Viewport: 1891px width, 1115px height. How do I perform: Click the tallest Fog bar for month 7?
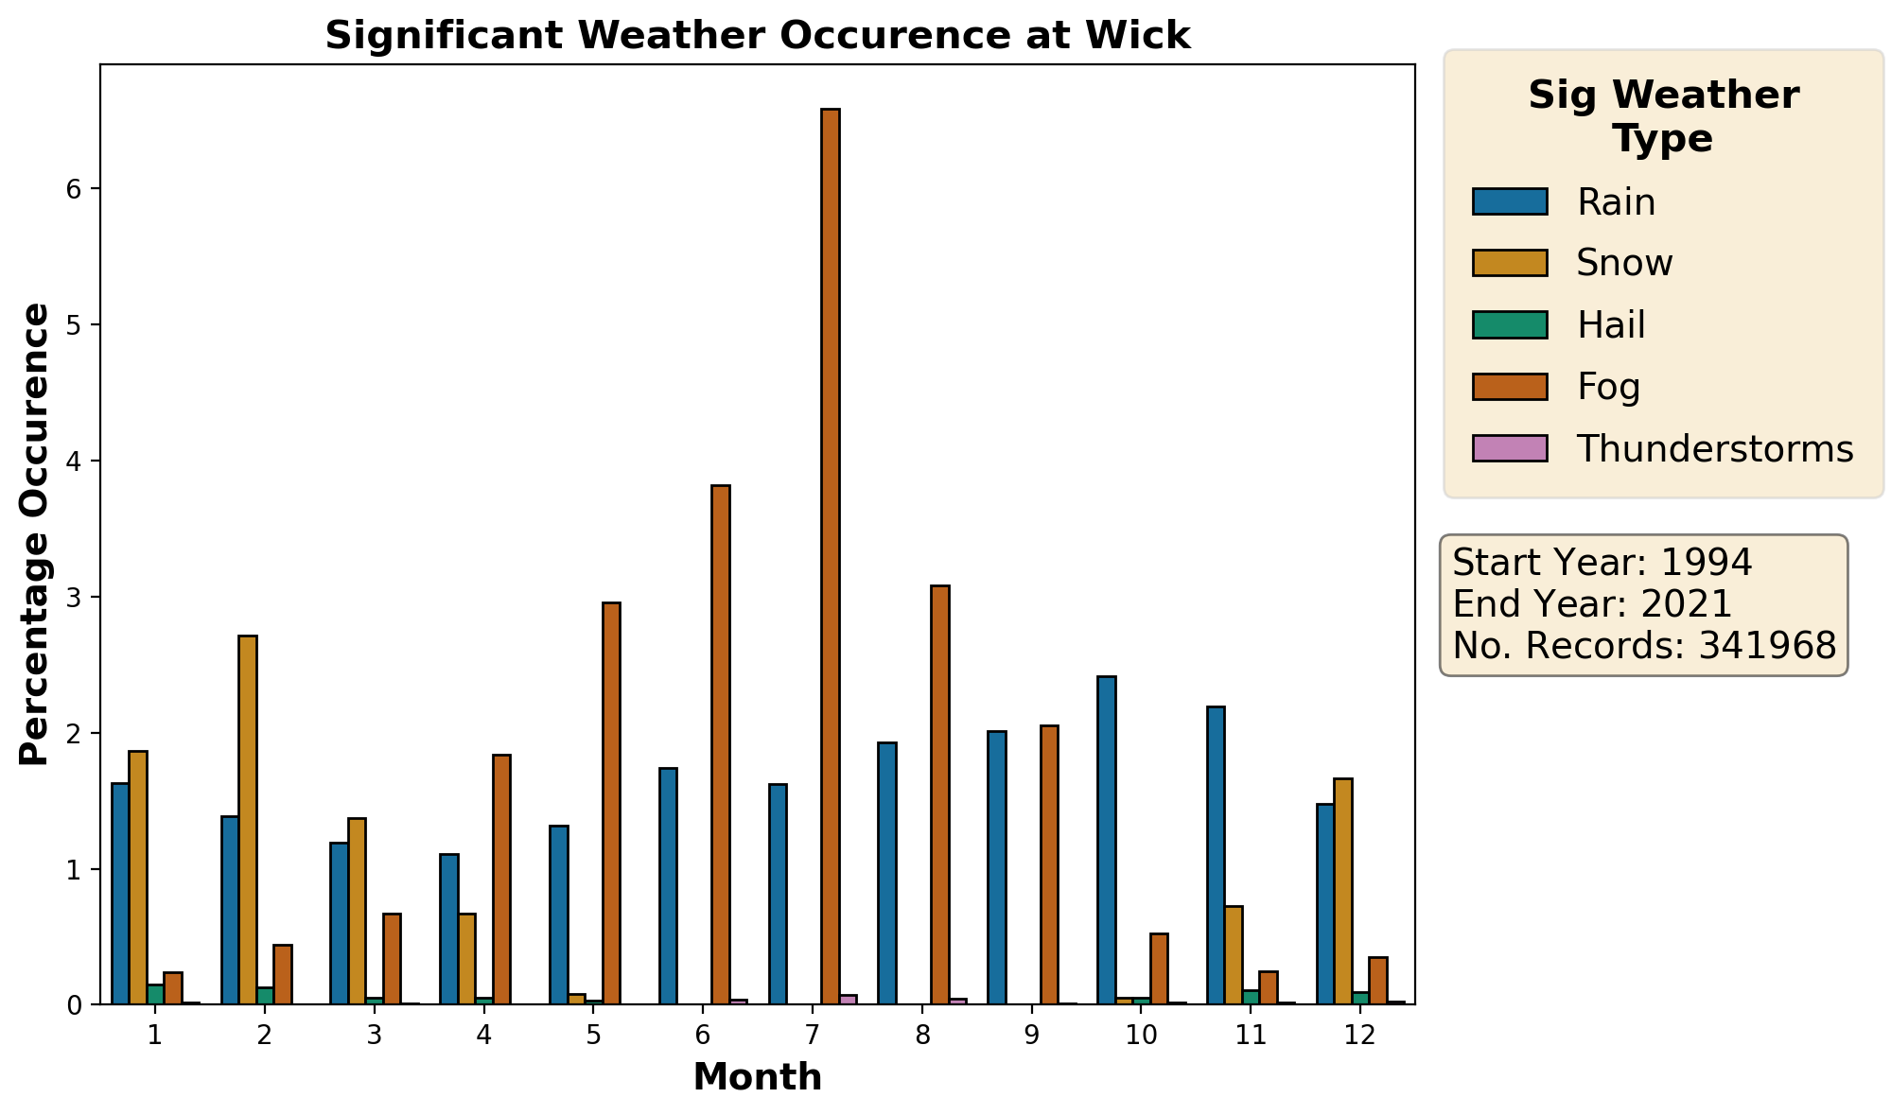click(830, 556)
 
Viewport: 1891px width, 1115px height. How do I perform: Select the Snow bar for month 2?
click(248, 820)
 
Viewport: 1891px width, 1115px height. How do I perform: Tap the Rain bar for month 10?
click(1107, 840)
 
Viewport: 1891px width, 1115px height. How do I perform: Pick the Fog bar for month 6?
click(720, 744)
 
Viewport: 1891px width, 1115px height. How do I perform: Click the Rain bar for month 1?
click(120, 894)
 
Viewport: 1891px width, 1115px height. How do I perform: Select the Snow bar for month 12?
click(1342, 891)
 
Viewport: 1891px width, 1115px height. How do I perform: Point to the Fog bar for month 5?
click(611, 803)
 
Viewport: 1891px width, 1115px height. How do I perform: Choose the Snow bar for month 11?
click(1234, 955)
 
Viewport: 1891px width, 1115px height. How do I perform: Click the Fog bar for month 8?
click(939, 794)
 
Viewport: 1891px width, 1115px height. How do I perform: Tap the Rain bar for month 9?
click(997, 867)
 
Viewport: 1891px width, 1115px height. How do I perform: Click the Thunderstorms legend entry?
click(1663, 448)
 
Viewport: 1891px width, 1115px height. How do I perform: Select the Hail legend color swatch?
click(1510, 324)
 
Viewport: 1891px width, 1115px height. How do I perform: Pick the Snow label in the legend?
click(1624, 263)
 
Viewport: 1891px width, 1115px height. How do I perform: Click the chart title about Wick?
click(758, 36)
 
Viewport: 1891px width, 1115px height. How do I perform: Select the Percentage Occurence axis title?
click(35, 534)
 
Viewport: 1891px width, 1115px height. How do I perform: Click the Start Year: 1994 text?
click(1602, 563)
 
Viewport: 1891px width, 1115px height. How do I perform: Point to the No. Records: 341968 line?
click(1644, 646)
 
